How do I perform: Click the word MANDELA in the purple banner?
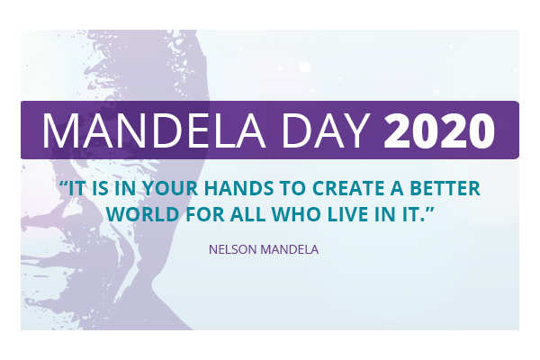point(154,130)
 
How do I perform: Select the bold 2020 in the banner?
point(439,130)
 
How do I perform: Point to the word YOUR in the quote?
point(170,188)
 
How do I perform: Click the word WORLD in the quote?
point(142,214)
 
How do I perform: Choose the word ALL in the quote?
point(248,214)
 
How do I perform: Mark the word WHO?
point(296,214)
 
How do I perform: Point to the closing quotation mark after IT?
point(430,210)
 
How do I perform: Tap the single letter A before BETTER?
point(397,188)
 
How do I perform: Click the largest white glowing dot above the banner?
point(305,67)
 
